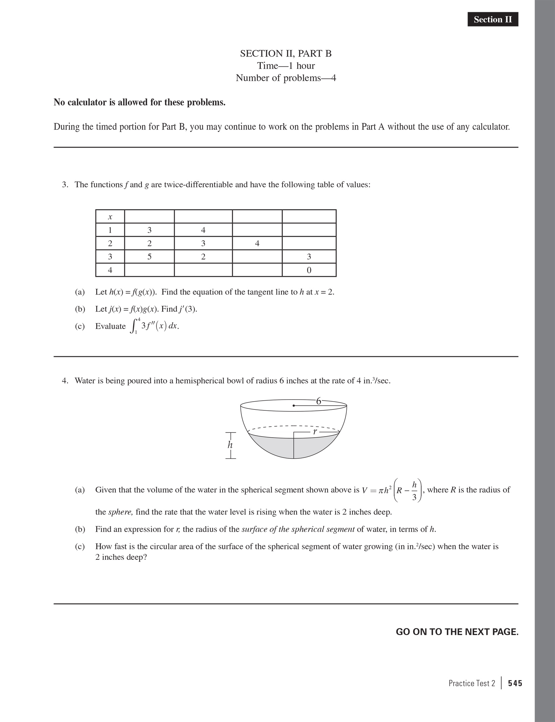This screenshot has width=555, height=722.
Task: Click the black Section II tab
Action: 492,20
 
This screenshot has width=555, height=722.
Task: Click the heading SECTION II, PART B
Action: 285,54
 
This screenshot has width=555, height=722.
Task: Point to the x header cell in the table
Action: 110,217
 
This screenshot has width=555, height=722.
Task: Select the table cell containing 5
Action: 149,257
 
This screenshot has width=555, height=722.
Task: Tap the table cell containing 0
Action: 309,270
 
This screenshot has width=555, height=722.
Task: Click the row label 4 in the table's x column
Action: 110,270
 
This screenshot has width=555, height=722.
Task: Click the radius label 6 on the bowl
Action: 319,401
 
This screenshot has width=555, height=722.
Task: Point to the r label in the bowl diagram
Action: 315,431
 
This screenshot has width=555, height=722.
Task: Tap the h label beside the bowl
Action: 230,445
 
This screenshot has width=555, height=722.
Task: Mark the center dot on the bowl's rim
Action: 294,405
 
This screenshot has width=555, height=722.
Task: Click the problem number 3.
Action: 65,185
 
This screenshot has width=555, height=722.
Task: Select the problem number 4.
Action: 65,381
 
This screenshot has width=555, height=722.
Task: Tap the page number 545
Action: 515,683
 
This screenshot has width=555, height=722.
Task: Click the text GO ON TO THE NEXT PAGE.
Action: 457,632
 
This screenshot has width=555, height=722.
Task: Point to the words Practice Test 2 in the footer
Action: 471,683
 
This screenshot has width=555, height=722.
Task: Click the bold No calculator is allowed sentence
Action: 140,103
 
